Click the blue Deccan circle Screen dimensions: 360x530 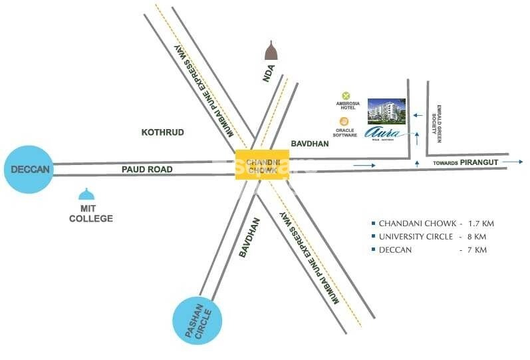point(30,170)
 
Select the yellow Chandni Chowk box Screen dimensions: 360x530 point(262,164)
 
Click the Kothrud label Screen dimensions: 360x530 point(162,132)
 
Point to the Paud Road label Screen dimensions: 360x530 point(147,170)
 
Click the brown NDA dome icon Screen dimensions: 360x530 point(271,51)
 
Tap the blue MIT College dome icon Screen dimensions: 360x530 point(86,194)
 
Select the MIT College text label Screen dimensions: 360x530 point(91,213)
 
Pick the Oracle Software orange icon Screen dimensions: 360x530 point(344,121)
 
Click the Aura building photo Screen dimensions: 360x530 point(384,111)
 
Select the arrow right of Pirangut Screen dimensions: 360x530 point(513,162)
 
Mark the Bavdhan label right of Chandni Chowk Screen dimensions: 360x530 point(310,144)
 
